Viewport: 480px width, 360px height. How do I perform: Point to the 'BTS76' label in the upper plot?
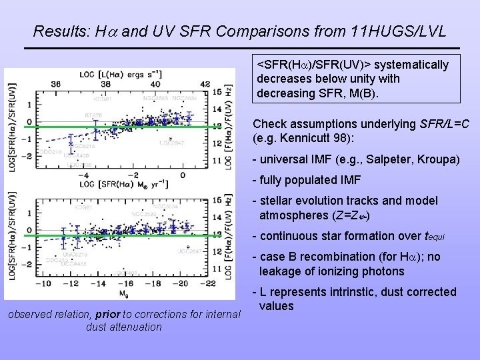click(93, 115)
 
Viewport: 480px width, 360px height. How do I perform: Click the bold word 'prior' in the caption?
click(109, 314)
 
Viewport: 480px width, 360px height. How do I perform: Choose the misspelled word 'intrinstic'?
click(343, 292)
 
